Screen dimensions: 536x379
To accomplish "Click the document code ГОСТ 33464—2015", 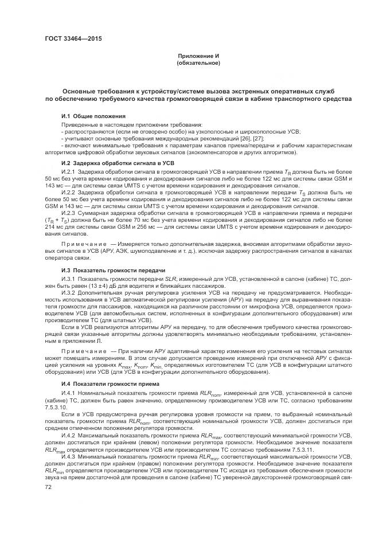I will (x=69, y=40).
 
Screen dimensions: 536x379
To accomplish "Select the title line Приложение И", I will (x=198, y=56).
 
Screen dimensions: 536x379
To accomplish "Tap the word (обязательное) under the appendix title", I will (x=198, y=63).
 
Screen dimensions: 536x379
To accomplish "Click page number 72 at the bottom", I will (x=48, y=487).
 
